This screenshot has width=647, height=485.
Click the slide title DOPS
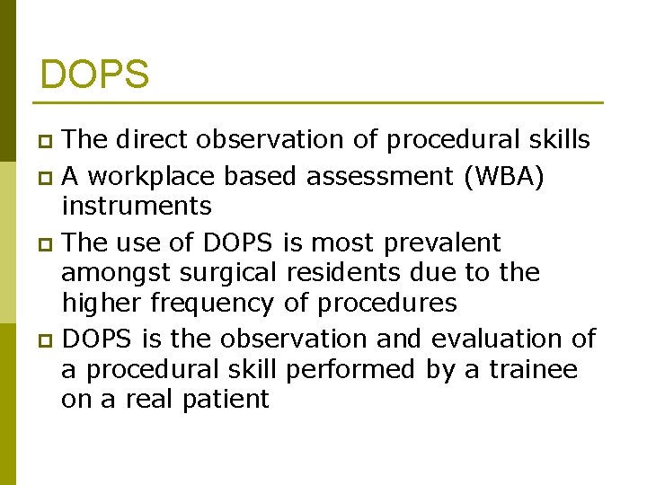point(94,75)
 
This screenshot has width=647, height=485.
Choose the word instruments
point(137,207)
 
